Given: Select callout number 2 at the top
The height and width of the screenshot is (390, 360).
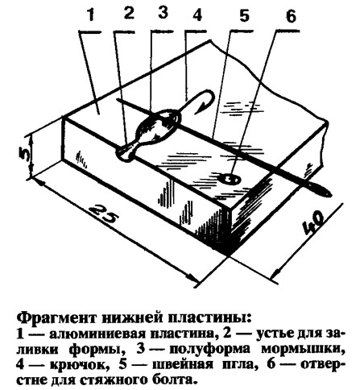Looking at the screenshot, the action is click(129, 13).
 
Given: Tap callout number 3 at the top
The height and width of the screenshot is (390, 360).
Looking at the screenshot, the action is click(163, 12).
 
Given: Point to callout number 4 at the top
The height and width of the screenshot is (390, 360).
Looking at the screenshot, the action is click(197, 15).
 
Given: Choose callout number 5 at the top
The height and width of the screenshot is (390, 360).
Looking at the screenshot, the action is click(244, 15).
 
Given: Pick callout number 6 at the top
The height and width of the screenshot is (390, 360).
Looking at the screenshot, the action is click(290, 16).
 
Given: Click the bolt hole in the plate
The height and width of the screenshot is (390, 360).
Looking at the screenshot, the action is click(230, 179).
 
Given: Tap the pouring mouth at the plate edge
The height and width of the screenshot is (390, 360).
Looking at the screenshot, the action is click(126, 154).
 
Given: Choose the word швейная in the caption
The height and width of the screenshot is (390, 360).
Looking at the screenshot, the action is click(183, 364).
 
